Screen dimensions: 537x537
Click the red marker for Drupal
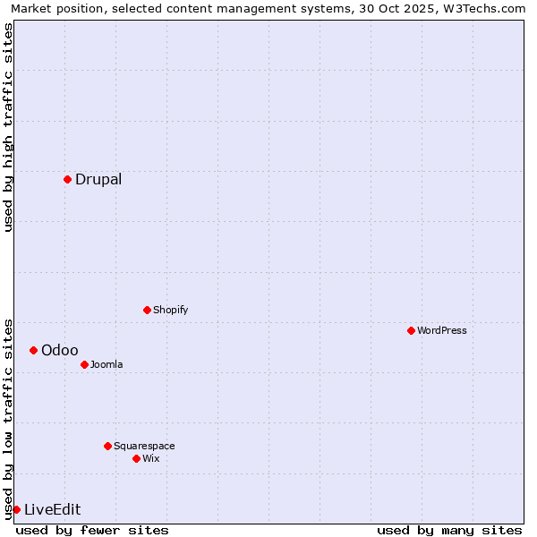67,179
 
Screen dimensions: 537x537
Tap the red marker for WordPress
411,330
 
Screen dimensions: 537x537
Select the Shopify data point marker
147,310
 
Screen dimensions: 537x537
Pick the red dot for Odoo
33,350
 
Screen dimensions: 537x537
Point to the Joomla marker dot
84,364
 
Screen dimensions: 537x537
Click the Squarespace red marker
107,446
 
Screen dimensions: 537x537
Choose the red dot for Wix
136,458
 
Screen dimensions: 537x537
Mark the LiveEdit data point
16,509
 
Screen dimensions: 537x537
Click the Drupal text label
98,179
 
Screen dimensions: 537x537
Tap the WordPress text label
442,330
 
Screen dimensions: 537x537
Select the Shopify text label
171,310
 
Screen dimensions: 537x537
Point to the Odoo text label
60,350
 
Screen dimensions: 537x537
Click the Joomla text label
107,364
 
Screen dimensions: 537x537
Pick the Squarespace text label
144,446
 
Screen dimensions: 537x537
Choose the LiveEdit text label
53,509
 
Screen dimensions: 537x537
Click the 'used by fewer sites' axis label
92,530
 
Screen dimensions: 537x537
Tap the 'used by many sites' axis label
449,530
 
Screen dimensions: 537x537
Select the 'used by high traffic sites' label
8,127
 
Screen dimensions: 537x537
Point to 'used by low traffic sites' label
8,418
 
